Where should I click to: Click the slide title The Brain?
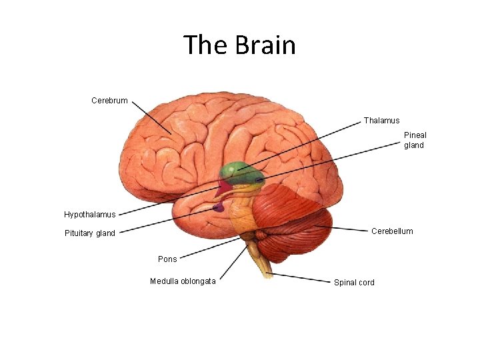[239, 45]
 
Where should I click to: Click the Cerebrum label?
[109, 101]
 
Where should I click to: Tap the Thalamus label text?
[381, 121]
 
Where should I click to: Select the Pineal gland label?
[414, 140]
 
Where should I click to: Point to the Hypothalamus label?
[89, 215]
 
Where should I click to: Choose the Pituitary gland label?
[89, 233]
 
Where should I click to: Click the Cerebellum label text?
[392, 231]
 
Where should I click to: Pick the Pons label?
[167, 259]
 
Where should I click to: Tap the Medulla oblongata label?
[183, 281]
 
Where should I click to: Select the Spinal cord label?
[354, 283]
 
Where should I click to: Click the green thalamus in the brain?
[235, 172]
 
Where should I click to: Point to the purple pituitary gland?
[219, 208]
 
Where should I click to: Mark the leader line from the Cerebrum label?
[151, 118]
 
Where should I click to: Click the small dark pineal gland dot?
[259, 179]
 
